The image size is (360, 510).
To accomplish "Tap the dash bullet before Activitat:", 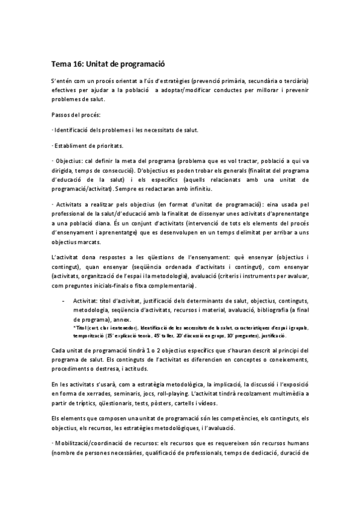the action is point(63,300).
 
